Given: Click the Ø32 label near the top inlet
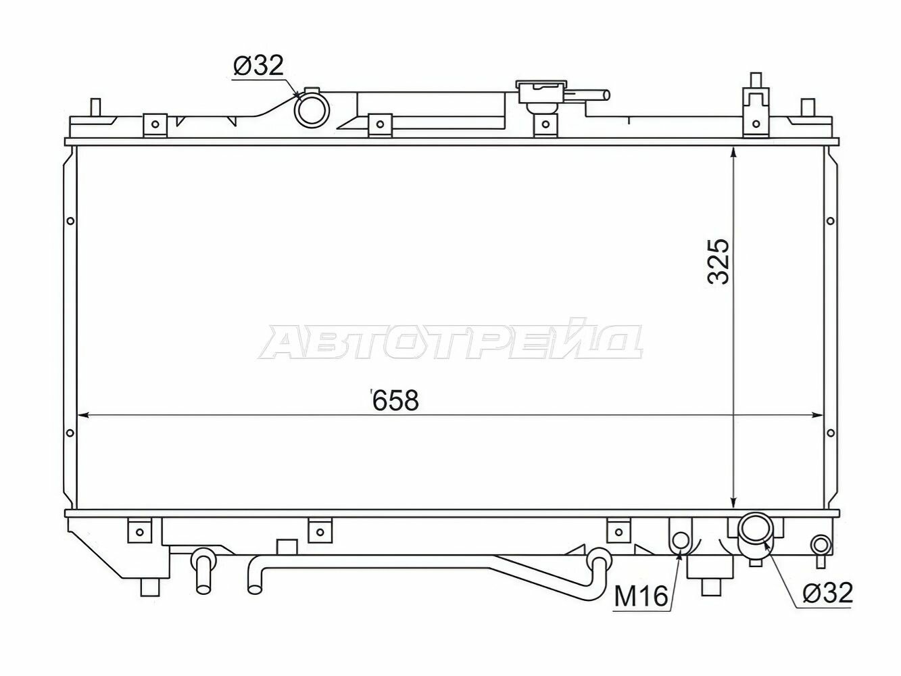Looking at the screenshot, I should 259,66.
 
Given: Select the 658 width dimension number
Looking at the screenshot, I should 396,400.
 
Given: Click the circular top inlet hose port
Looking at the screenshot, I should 311,110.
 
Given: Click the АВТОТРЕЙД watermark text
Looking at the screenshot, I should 451,342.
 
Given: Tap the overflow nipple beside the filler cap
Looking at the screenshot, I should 595,96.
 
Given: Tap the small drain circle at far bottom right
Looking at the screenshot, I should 821,544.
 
